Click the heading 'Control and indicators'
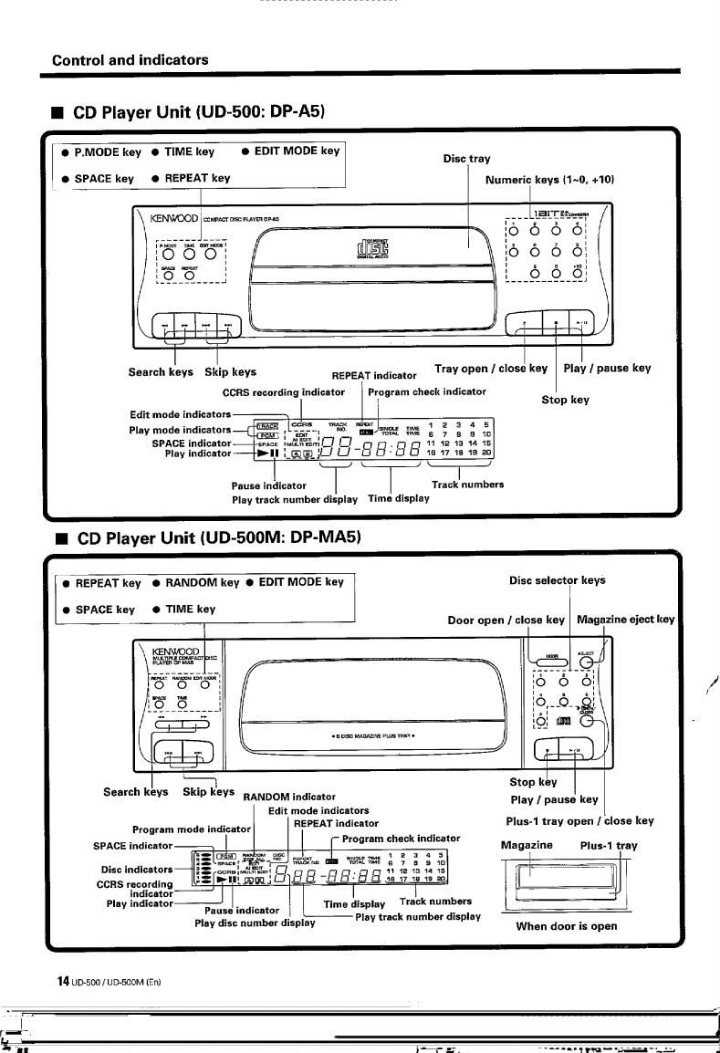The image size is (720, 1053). coord(130,60)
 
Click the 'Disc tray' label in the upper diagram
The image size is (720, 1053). coord(467,159)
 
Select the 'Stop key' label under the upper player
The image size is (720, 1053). coord(565,400)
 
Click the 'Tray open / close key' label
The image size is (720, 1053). coord(490,369)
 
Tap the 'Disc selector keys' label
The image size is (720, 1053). coord(556,580)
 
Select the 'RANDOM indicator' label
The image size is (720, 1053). coord(289,797)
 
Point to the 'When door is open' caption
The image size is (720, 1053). coord(566,926)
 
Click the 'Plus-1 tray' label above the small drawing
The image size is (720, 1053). coord(609,845)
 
